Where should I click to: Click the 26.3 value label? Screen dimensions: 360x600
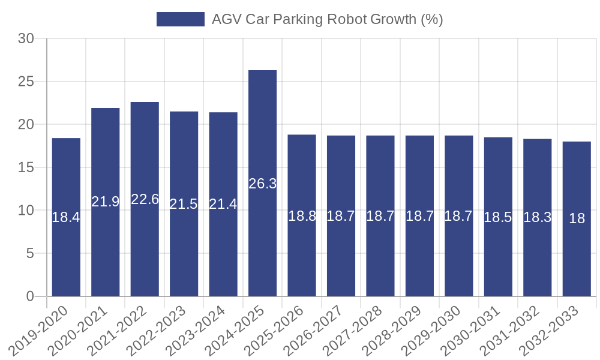pyautogui.click(x=262, y=184)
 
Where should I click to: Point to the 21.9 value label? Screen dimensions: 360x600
pyautogui.click(x=106, y=202)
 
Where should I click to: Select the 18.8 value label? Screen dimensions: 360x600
pyautogui.click(x=302, y=216)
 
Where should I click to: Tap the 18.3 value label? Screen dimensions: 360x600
pyautogui.click(x=537, y=217)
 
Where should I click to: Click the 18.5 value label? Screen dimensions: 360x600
pyautogui.click(x=498, y=217)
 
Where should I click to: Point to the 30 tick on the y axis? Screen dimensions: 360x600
pyautogui.click(x=26, y=39)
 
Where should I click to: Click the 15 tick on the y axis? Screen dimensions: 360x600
pyautogui.click(x=26, y=167)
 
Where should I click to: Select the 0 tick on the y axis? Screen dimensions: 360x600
pyautogui.click(x=31, y=296)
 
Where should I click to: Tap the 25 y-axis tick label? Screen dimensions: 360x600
pyautogui.click(x=26, y=82)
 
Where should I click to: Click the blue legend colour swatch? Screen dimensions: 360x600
pyautogui.click(x=180, y=19)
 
